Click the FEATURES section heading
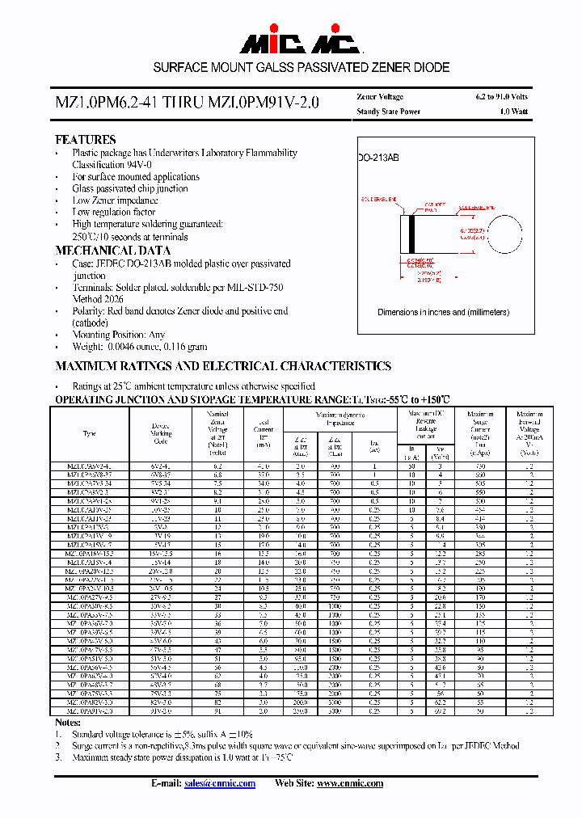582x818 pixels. coord(85,139)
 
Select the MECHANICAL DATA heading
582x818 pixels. coord(112,251)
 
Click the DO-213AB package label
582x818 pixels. coord(379,158)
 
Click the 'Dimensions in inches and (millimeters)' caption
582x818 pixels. coord(443,312)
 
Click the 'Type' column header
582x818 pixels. coord(89,433)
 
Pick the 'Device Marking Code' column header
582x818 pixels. coord(161,433)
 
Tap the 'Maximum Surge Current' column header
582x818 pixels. coord(480,433)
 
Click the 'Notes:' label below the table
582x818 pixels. coord(68,722)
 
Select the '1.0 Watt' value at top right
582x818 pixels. coord(513,112)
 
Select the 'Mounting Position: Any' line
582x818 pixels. coord(118,334)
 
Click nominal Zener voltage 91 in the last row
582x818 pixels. coord(217,711)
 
